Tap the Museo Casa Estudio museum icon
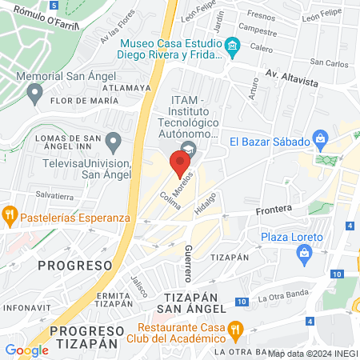[233, 45]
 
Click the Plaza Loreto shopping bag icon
[304, 255]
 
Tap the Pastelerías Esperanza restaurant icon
[10, 214]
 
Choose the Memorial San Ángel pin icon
[34, 94]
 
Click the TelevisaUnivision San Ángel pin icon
[114, 143]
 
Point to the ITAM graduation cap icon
[187, 150]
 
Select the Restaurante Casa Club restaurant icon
[235, 328]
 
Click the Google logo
[27, 350]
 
